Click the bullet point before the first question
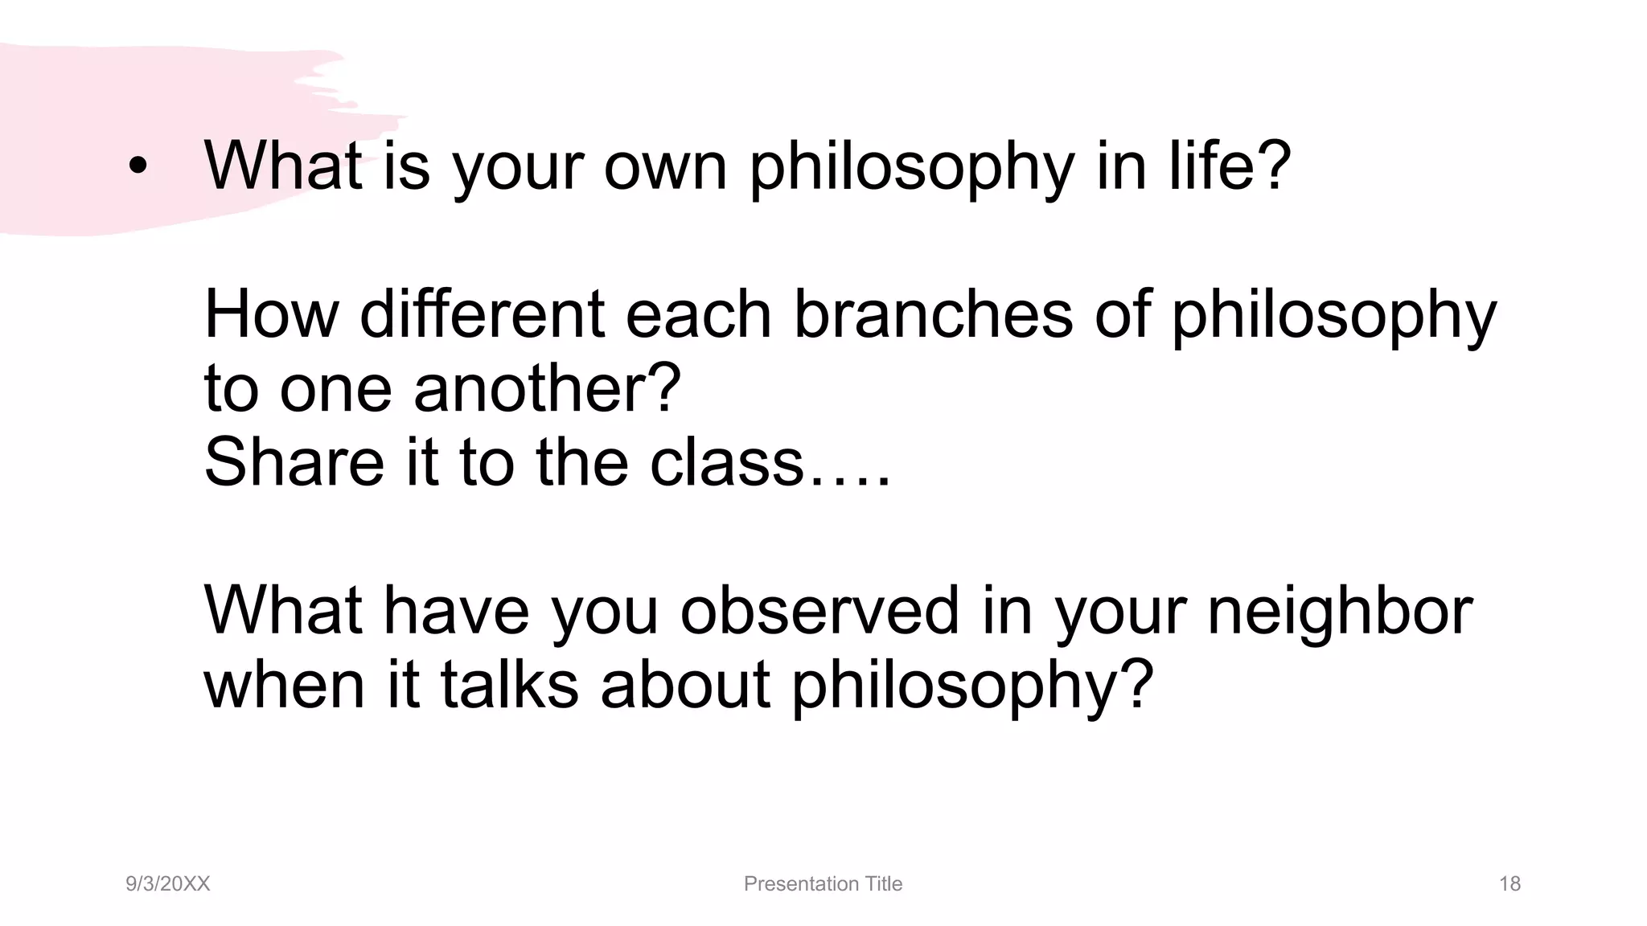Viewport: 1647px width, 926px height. (138, 166)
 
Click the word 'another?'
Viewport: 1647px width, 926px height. (547, 389)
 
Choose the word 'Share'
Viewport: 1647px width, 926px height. (294, 462)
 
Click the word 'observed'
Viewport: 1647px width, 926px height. (819, 610)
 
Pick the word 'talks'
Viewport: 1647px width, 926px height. (509, 685)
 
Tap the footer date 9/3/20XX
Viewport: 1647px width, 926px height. (167, 884)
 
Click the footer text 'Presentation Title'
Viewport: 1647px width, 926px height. (823, 884)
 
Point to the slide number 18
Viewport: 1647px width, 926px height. (1509, 884)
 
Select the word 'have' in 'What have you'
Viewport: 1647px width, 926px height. (456, 610)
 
